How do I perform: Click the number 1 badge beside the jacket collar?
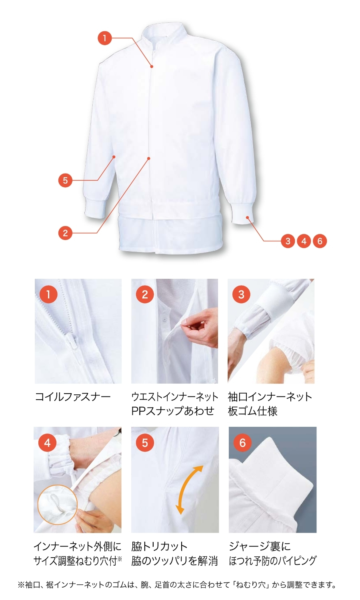coord(104,38)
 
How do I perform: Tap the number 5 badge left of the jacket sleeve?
coord(65,180)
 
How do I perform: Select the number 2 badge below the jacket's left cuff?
coord(65,233)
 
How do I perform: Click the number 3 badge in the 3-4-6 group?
coord(288,241)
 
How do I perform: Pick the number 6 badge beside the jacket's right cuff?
coord(320,241)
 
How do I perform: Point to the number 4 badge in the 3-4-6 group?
coord(304,241)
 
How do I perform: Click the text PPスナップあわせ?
coord(173,411)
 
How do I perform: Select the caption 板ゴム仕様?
coord(252,411)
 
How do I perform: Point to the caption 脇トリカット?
coord(159,546)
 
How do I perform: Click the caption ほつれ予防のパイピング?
coord(273,560)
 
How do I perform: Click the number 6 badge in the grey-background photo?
coord(242,442)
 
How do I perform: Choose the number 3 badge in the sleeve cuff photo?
coord(241,294)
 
